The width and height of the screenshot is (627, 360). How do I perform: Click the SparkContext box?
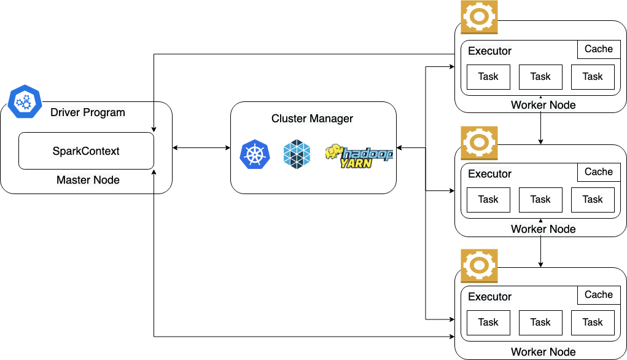(86, 151)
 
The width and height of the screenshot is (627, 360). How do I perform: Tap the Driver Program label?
(88, 112)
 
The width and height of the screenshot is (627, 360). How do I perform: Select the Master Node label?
(88, 180)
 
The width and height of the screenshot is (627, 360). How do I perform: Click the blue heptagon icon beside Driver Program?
(25, 101)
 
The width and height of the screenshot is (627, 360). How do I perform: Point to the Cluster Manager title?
(312, 119)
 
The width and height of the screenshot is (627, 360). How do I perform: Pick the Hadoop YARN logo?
(359, 155)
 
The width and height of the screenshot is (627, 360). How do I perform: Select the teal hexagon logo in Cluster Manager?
(297, 154)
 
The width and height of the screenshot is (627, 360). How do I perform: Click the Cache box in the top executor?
(598, 49)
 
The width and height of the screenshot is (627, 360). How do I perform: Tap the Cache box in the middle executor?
(598, 172)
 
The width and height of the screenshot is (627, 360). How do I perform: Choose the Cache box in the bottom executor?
(598, 295)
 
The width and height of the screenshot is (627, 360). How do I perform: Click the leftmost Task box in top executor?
(488, 77)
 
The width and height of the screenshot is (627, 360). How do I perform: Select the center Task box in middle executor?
(540, 200)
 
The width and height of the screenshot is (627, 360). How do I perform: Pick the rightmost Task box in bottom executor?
(593, 323)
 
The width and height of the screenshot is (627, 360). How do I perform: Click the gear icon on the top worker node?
(479, 17)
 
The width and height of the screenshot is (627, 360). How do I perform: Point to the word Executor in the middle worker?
(489, 174)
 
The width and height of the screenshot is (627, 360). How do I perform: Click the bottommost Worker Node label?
(543, 352)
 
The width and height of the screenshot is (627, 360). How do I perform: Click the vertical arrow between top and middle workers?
(540, 120)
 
